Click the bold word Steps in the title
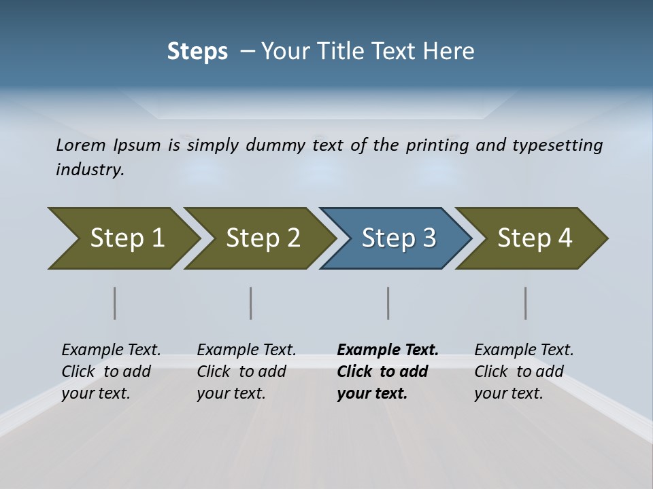coord(197,52)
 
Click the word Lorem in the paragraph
coord(80,145)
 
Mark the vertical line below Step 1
coord(115,303)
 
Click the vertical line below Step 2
coord(251,303)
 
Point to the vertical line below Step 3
coord(388,303)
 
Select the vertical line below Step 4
coord(526,303)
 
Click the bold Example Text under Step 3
coord(388,350)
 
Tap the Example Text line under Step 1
coord(111,350)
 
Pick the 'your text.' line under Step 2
coord(231,393)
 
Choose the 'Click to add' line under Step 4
coord(519,372)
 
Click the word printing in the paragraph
coord(433,145)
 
